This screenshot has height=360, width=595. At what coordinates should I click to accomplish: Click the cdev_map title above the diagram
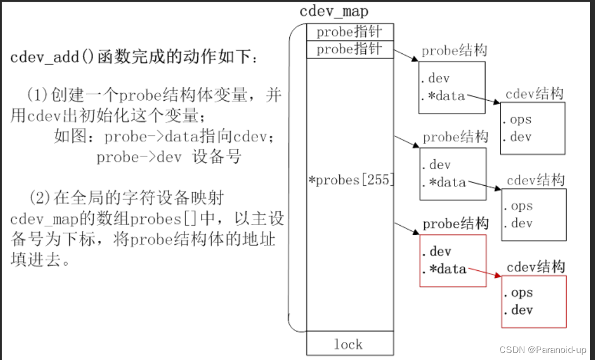[334, 10]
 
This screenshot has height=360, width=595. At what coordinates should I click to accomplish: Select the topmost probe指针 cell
[350, 32]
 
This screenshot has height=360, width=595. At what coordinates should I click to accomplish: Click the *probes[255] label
[350, 180]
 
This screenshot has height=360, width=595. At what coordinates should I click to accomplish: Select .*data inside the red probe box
[443, 269]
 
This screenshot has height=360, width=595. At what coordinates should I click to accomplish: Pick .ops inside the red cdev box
[517, 293]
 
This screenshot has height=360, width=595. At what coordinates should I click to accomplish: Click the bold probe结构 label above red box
[456, 224]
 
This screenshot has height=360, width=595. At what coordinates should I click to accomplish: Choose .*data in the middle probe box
[443, 182]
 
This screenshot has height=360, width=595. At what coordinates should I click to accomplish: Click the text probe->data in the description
[144, 138]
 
